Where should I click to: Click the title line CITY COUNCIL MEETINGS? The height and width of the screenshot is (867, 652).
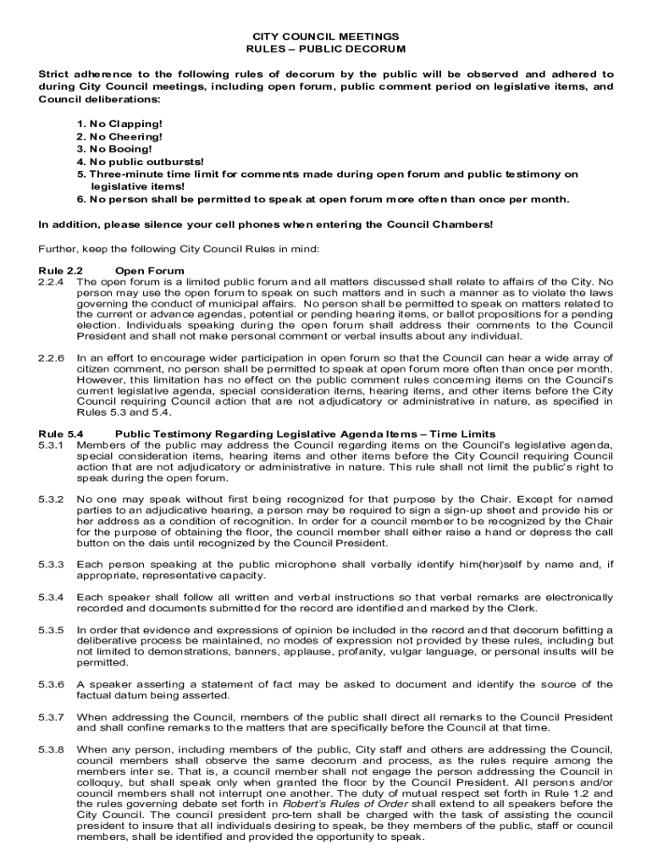[326, 37]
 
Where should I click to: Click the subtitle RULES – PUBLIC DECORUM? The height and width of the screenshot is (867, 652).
[326, 49]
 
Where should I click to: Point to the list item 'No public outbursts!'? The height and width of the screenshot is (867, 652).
[128, 161]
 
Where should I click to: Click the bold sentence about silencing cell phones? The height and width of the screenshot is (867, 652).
[265, 224]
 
